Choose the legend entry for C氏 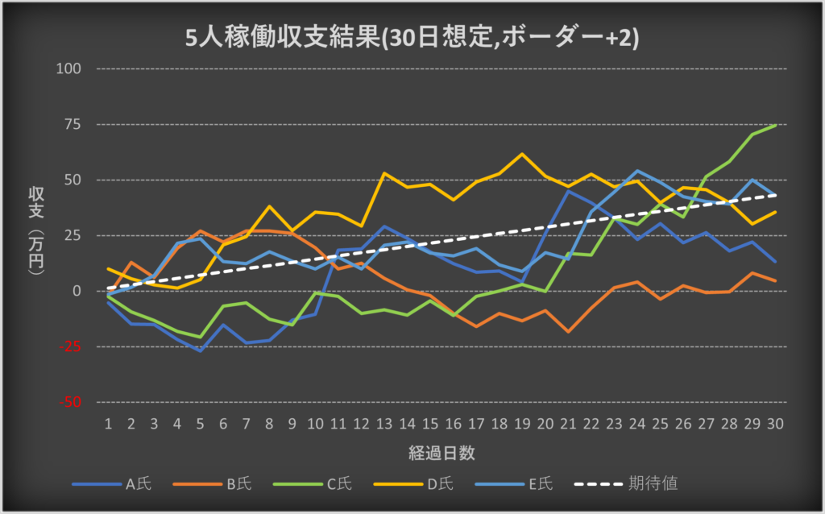click(340, 484)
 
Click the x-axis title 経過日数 click(441, 453)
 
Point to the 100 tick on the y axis click(71, 68)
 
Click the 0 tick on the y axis click(78, 291)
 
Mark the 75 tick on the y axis click(73, 124)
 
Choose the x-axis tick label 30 click(775, 423)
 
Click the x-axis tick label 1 click(108, 423)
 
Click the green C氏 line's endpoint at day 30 click(775, 125)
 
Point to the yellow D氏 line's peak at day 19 click(522, 154)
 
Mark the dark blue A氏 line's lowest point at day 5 click(201, 350)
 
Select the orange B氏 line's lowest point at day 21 click(568, 331)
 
